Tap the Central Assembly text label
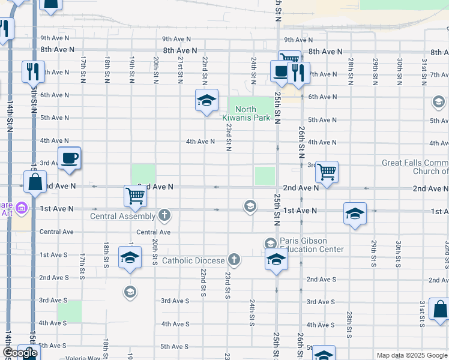tap(122, 215)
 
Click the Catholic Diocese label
tap(193, 260)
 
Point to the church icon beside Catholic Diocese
tap(234, 260)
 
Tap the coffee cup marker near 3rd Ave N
tap(70, 159)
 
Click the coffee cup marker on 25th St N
tap(280, 71)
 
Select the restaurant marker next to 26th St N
tap(298, 73)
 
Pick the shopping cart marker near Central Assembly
tap(135, 196)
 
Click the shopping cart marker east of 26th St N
tap(327, 172)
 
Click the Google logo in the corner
tap(20, 353)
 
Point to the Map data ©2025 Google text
tap(412, 355)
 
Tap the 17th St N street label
tap(83, 68)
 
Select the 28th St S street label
tap(349, 321)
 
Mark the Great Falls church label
tap(415, 167)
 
